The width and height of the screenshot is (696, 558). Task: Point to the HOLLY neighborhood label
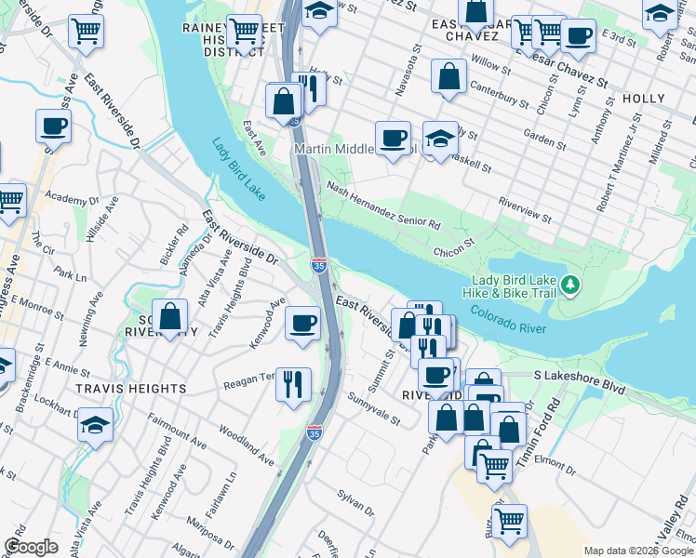644,99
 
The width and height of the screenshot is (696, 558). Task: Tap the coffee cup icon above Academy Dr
53,126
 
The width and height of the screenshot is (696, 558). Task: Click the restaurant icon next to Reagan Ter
293,382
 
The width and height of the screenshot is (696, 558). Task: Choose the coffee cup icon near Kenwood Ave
302,324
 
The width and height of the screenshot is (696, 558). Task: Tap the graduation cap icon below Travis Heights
95,424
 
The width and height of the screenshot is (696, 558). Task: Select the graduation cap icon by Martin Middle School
440,139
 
